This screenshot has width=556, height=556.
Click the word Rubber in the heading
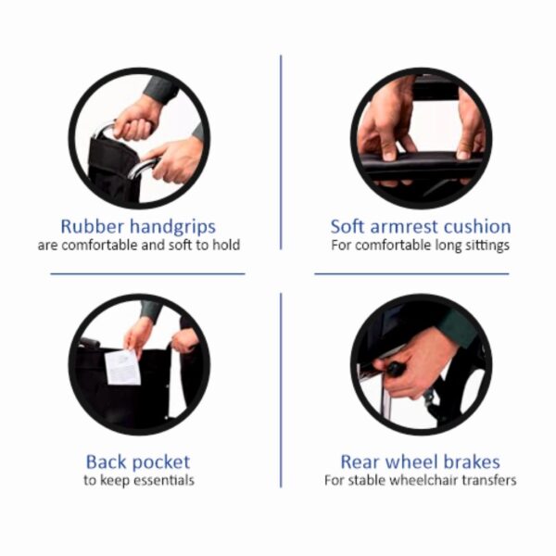(x=92, y=226)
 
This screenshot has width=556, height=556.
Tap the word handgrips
(x=172, y=228)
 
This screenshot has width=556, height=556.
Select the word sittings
(x=487, y=246)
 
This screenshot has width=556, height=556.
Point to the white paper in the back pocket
(x=122, y=367)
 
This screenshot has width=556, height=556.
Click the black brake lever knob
(x=395, y=369)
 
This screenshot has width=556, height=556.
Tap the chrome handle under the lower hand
(x=142, y=168)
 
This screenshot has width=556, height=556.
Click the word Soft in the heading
(x=347, y=226)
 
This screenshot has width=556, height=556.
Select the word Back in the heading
(x=107, y=462)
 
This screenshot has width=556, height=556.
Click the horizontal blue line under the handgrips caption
(x=147, y=273)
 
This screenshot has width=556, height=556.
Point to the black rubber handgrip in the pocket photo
(x=89, y=343)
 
